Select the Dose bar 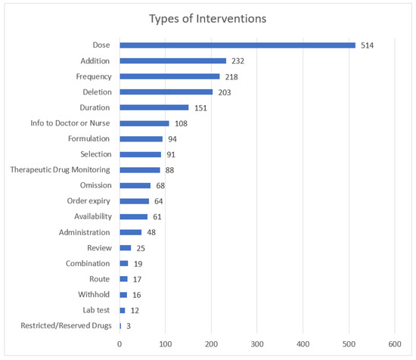237,45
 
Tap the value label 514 368,45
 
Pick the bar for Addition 172,61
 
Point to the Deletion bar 166,92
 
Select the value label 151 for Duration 200,107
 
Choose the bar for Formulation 141,139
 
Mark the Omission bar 135,185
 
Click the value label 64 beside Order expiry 159,201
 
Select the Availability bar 133,217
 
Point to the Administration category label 85,232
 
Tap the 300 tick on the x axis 257,344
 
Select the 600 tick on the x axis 395,344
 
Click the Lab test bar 122,310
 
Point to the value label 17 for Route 137,279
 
